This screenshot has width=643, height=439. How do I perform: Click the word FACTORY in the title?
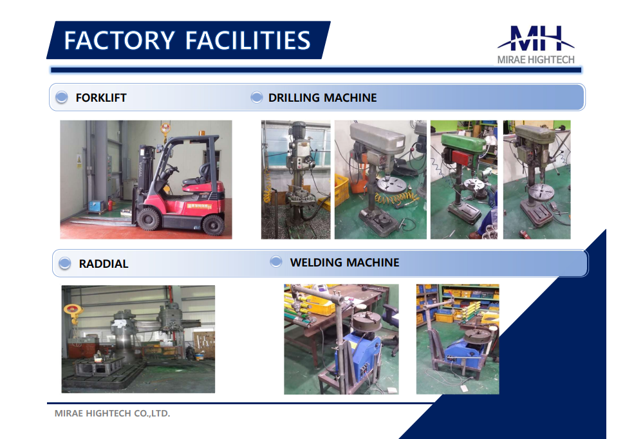pos(119,40)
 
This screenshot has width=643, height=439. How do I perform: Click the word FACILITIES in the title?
pos(248,40)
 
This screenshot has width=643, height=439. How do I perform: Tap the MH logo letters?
pos(536,39)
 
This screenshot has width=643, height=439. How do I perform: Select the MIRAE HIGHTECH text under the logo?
pos(536,60)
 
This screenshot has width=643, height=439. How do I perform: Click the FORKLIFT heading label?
pos(101,98)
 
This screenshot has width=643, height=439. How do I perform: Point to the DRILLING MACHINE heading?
pos(322,98)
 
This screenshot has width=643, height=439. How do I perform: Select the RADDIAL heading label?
pos(104,264)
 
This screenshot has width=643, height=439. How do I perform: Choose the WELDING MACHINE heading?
pos(344,263)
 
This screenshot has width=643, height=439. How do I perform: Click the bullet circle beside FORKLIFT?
pos(62,97)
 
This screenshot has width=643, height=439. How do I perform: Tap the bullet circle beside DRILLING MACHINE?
pos(256,97)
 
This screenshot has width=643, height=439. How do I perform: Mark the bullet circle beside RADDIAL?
pos(65,263)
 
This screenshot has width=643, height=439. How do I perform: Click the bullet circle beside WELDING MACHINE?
pos(276,261)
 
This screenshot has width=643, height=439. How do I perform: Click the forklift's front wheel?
pos(148,219)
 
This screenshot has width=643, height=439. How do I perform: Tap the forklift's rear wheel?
pos(213,225)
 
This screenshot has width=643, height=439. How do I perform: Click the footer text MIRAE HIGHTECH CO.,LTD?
pos(112,413)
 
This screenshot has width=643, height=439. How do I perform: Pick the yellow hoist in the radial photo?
pos(72,311)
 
